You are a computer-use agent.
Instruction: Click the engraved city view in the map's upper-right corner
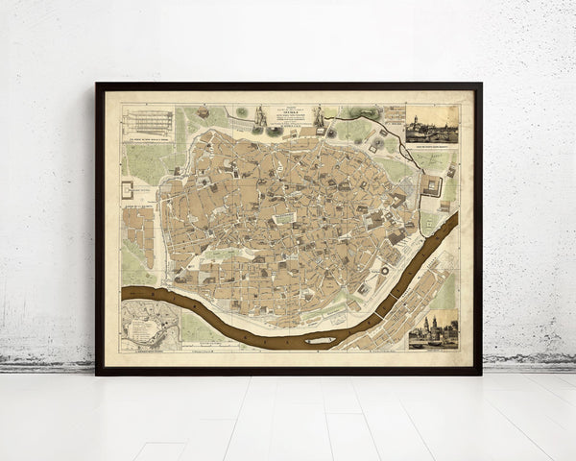coord(431,124)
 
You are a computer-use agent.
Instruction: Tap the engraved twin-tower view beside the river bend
coord(433,330)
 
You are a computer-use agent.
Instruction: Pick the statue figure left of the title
coord(259,114)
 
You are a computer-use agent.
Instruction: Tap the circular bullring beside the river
coord(384,271)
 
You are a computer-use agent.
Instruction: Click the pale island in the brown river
coord(322,339)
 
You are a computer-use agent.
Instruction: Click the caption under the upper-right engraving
coord(431,146)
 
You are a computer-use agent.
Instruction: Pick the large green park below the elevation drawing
coord(141,163)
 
